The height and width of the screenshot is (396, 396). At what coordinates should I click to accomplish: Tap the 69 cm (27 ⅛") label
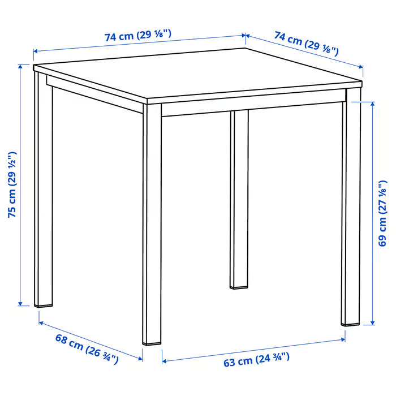pyautogui.click(x=384, y=213)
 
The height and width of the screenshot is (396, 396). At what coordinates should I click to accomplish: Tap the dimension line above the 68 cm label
pyautogui.click(x=91, y=338)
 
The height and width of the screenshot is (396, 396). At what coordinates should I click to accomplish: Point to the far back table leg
pyautogui.click(x=240, y=198)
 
